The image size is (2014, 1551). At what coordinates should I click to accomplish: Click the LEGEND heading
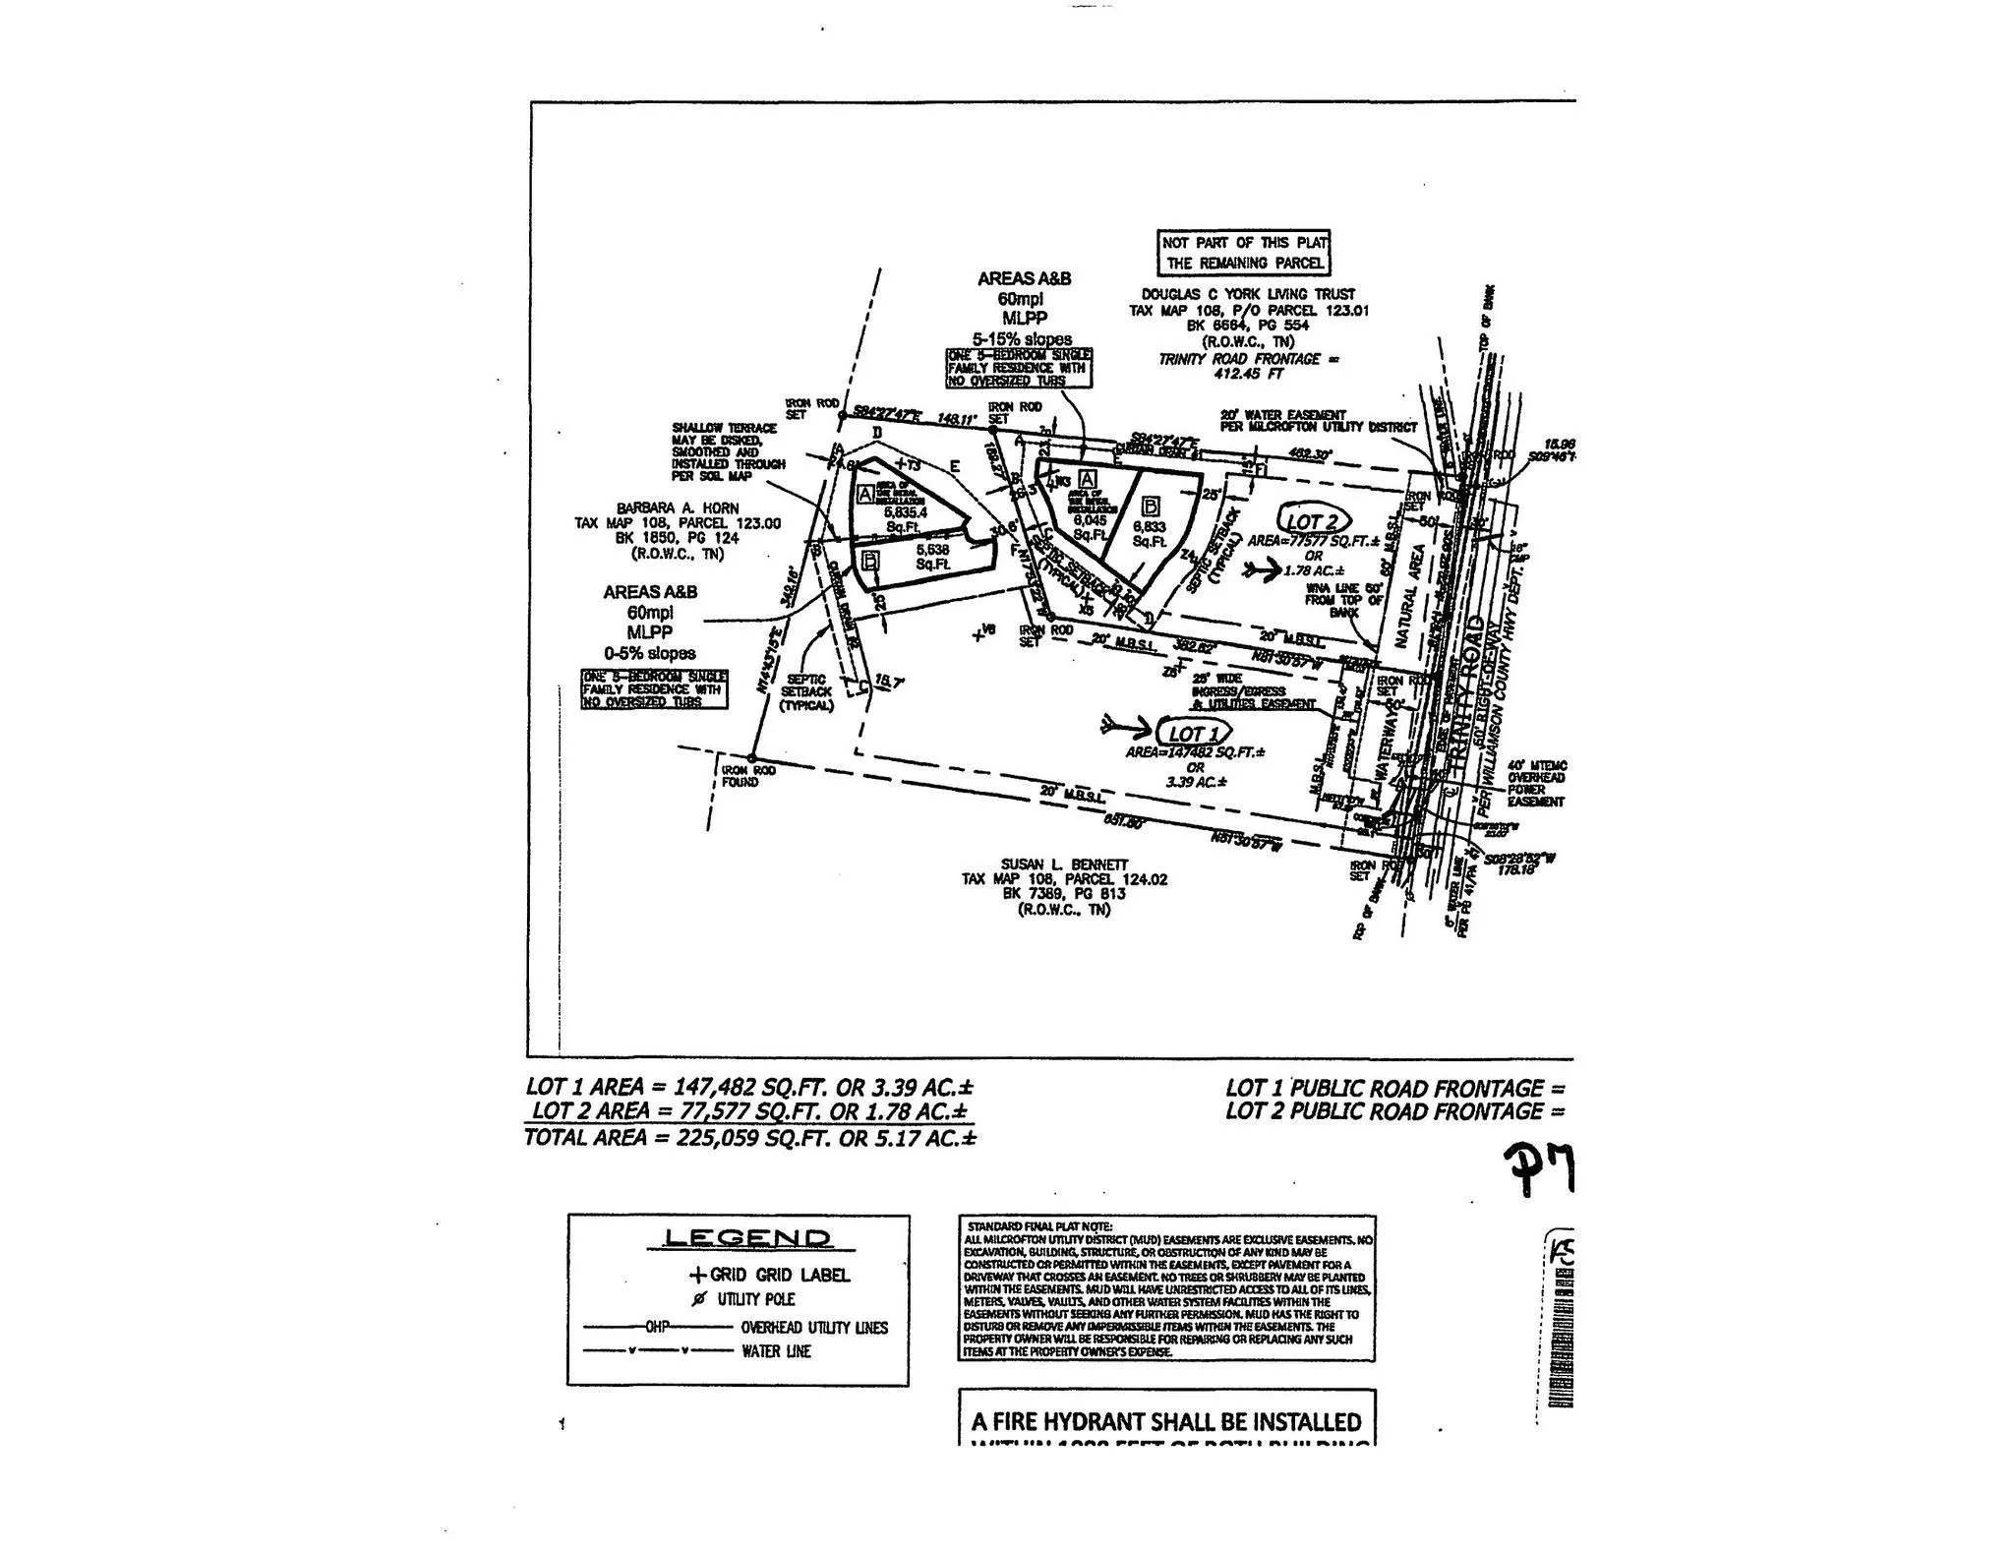(747, 1238)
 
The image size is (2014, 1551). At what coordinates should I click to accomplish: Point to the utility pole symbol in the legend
(699, 1299)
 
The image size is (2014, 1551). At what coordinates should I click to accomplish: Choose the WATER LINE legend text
(776, 1351)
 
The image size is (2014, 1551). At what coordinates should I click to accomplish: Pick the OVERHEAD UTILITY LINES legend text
(814, 1327)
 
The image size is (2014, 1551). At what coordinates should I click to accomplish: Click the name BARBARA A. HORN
(678, 508)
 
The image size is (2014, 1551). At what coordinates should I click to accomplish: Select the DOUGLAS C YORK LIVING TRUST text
(1248, 294)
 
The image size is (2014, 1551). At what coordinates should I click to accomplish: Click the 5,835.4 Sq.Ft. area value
(906, 511)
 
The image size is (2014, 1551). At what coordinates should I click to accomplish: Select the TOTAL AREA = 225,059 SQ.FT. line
(750, 1138)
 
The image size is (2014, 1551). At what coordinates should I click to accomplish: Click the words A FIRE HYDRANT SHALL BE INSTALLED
(1166, 1421)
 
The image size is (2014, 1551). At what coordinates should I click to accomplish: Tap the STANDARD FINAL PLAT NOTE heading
(1040, 1226)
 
